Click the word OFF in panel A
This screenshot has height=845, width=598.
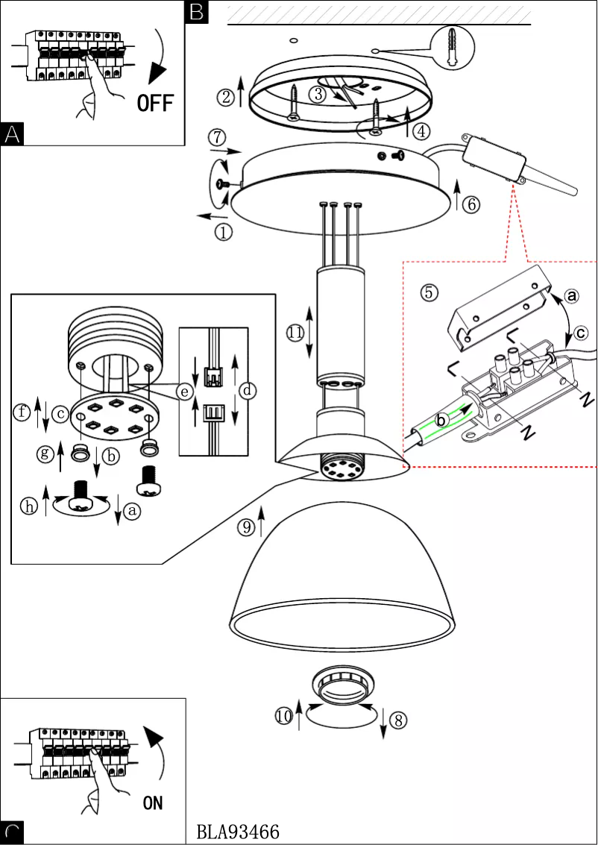pyautogui.click(x=155, y=102)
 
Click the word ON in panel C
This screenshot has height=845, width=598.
pyautogui.click(x=152, y=802)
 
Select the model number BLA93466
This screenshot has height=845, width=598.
pyautogui.click(x=239, y=832)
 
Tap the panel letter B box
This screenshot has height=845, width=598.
pyautogui.click(x=196, y=11)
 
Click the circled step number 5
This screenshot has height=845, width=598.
pyautogui.click(x=429, y=292)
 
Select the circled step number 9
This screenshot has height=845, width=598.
pyautogui.click(x=246, y=528)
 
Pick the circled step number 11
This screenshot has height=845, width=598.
pyautogui.click(x=295, y=333)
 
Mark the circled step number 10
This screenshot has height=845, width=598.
pyautogui.click(x=284, y=717)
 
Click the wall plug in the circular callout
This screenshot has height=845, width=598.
pyautogui.click(x=456, y=46)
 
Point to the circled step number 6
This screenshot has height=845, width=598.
pyautogui.click(x=470, y=204)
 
